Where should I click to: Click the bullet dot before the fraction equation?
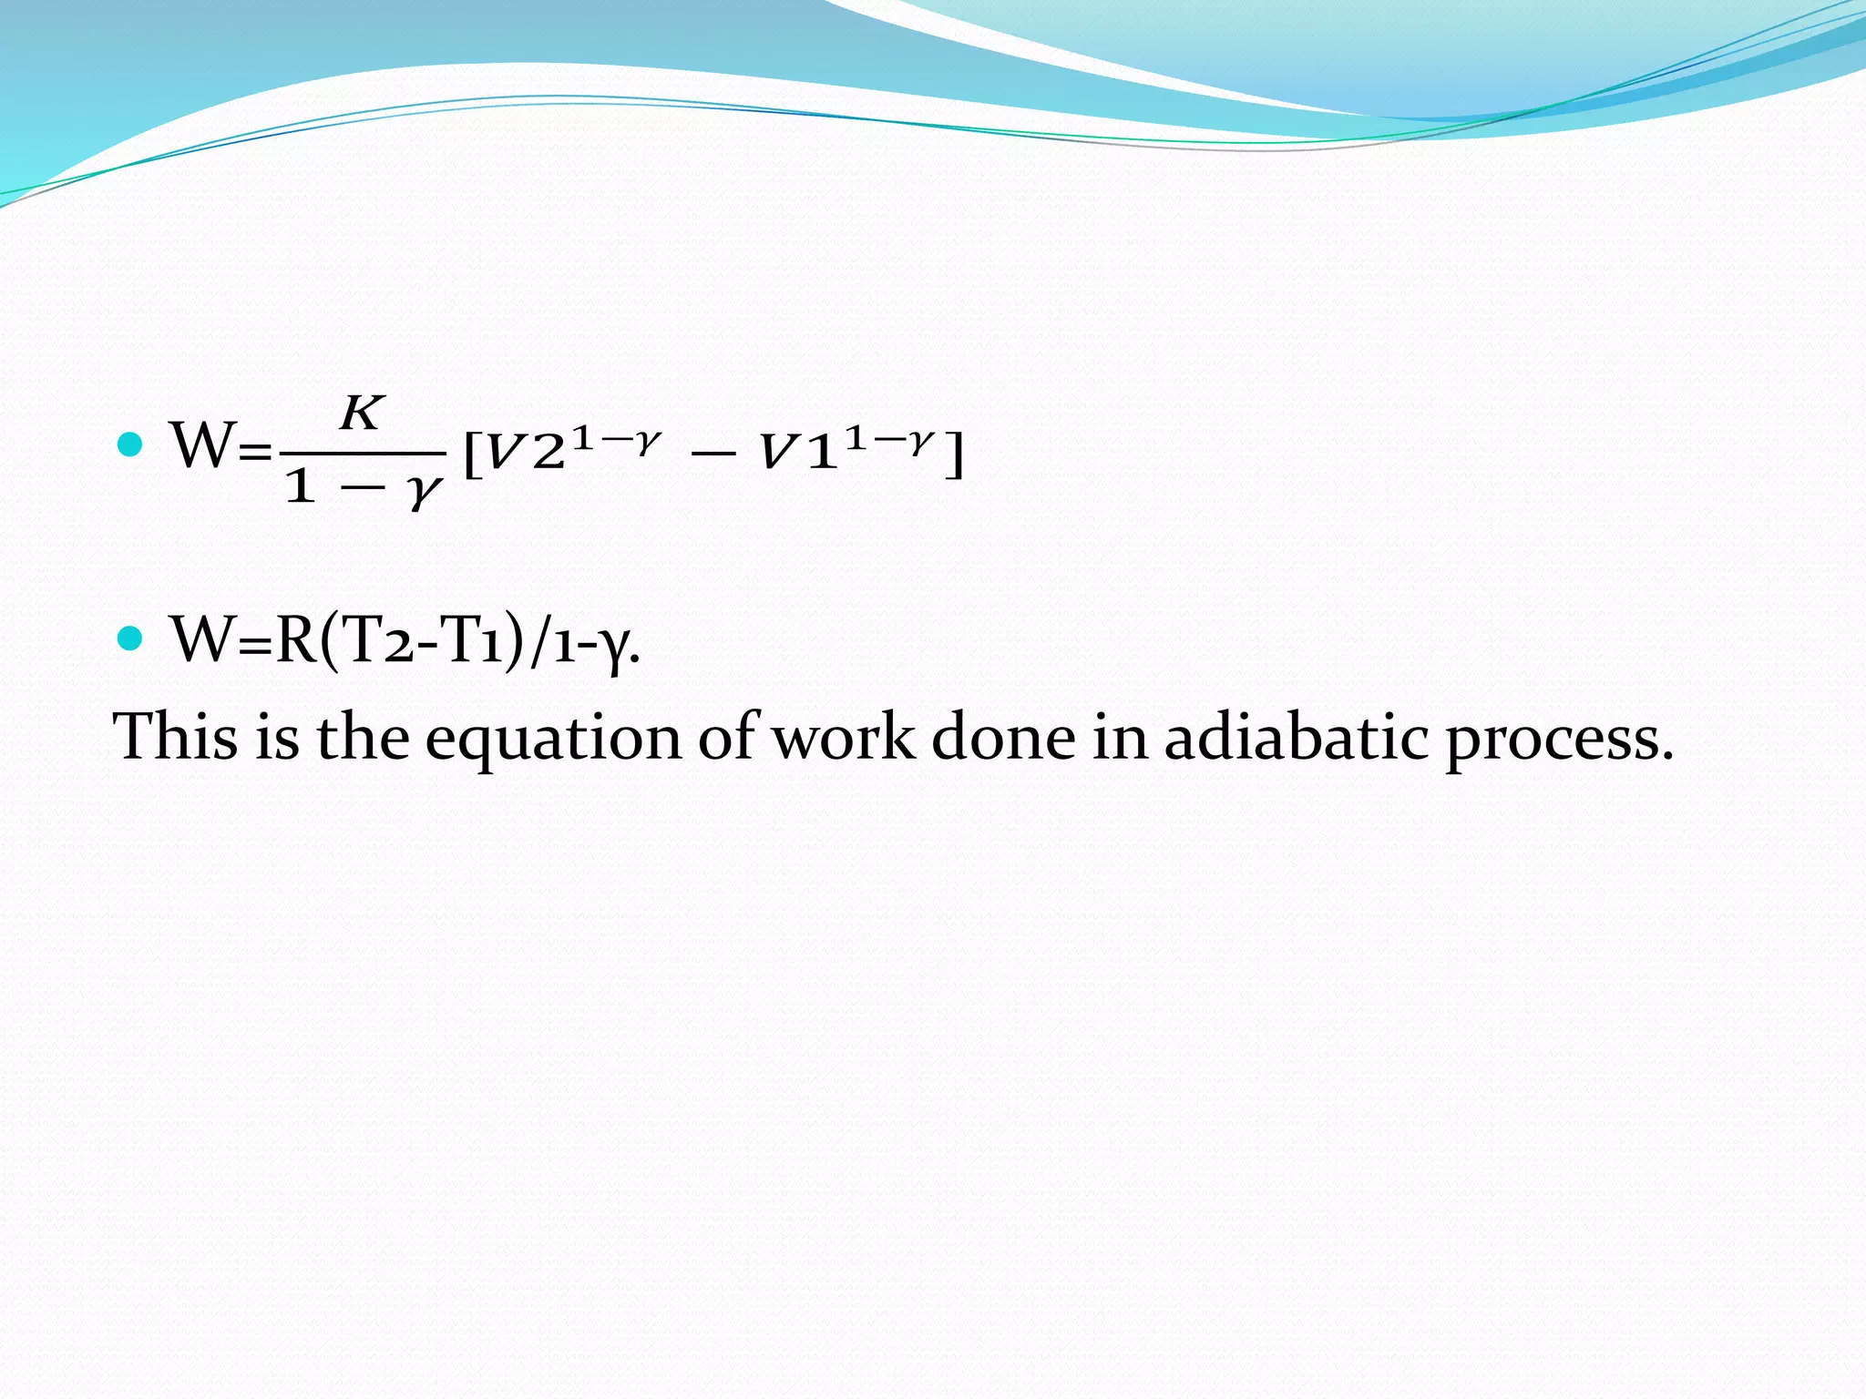[x=131, y=444]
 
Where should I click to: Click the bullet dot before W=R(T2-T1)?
[x=131, y=638]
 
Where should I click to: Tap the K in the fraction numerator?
[x=362, y=414]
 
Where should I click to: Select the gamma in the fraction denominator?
[x=425, y=492]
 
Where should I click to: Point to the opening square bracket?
[x=472, y=454]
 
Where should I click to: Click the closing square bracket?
[x=953, y=454]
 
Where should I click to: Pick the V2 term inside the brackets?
[x=524, y=453]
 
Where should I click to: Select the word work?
[x=844, y=736]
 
